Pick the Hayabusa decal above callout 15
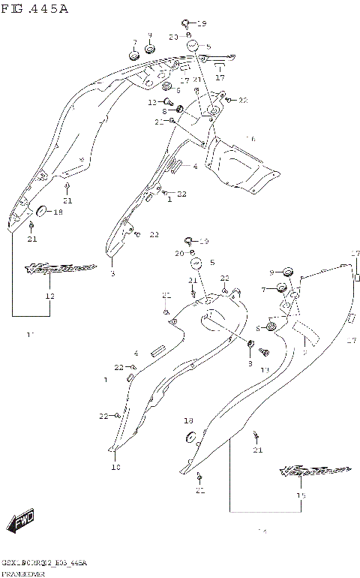[x=315, y=471]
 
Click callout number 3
[x=112, y=274]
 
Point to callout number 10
[x=115, y=467]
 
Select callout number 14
[x=262, y=532]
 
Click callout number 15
[x=301, y=495]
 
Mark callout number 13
[x=265, y=370]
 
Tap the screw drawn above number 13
[x=263, y=351]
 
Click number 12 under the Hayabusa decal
[x=50, y=296]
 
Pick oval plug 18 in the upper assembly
[x=40, y=209]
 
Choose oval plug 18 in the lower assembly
[x=190, y=437]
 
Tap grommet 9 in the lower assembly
[x=286, y=271]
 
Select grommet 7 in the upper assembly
[x=135, y=56]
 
